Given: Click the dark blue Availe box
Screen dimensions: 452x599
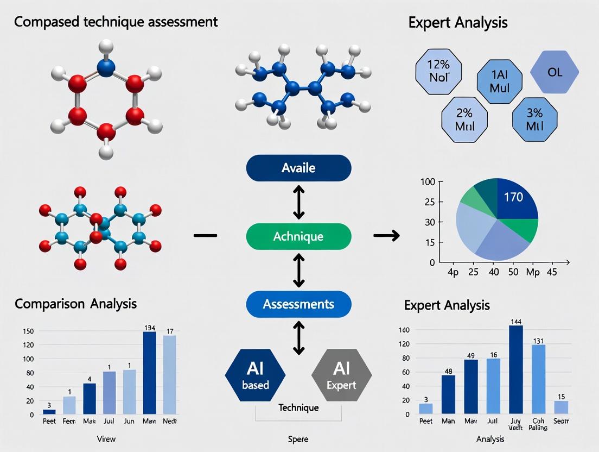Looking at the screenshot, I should pos(298,168).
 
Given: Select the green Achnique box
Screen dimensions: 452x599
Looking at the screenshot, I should pos(298,236).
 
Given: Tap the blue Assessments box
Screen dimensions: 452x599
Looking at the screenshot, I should pos(298,304).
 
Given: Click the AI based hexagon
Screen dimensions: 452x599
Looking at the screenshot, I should pos(255,375).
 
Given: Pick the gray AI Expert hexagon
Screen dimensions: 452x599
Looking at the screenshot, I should pos(341,375).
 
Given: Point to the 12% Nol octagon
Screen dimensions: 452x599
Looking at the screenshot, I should pos(438,71).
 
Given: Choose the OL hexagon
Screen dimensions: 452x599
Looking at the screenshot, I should pos(555,72).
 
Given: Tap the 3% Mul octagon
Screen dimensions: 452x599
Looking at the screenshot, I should pos(534,120).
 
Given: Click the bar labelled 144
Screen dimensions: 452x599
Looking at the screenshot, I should pos(516,369).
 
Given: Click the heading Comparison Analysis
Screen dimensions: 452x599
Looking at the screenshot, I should pos(75,303).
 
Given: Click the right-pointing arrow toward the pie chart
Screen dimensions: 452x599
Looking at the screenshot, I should pos(386,235).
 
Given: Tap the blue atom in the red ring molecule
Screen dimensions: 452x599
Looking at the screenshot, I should pos(106,67).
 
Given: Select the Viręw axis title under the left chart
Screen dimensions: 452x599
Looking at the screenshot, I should pos(105,438).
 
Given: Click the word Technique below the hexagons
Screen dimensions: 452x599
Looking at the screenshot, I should pos(298,407).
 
